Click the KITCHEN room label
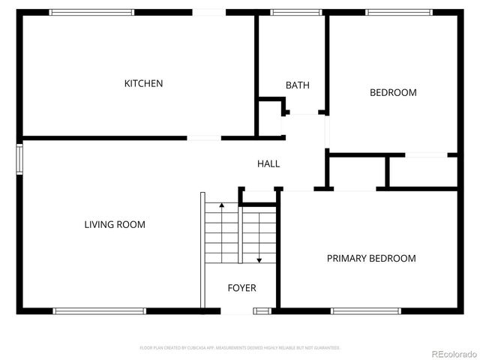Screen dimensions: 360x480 click(x=143, y=83)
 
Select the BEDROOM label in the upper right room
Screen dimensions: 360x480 click(x=393, y=93)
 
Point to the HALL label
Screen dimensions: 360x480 click(x=268, y=163)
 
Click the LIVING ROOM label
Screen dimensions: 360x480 click(x=115, y=224)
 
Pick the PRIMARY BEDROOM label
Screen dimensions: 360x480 click(x=371, y=258)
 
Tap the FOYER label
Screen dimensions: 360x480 click(x=241, y=288)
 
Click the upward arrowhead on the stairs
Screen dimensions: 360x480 click(x=221, y=205)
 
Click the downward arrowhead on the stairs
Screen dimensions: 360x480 click(x=259, y=259)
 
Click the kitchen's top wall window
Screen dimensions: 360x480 click(x=91, y=12)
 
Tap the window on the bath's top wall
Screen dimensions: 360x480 click(x=291, y=12)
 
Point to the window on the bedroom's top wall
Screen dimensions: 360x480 click(x=399, y=12)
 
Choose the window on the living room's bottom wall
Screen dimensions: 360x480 click(x=100, y=310)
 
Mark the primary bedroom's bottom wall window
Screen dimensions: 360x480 click(x=365, y=310)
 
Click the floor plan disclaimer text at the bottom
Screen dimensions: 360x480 click(x=240, y=348)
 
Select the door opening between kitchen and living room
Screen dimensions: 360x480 click(x=204, y=138)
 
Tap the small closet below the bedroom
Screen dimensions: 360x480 click(x=421, y=172)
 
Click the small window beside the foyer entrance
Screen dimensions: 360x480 click(x=262, y=310)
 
